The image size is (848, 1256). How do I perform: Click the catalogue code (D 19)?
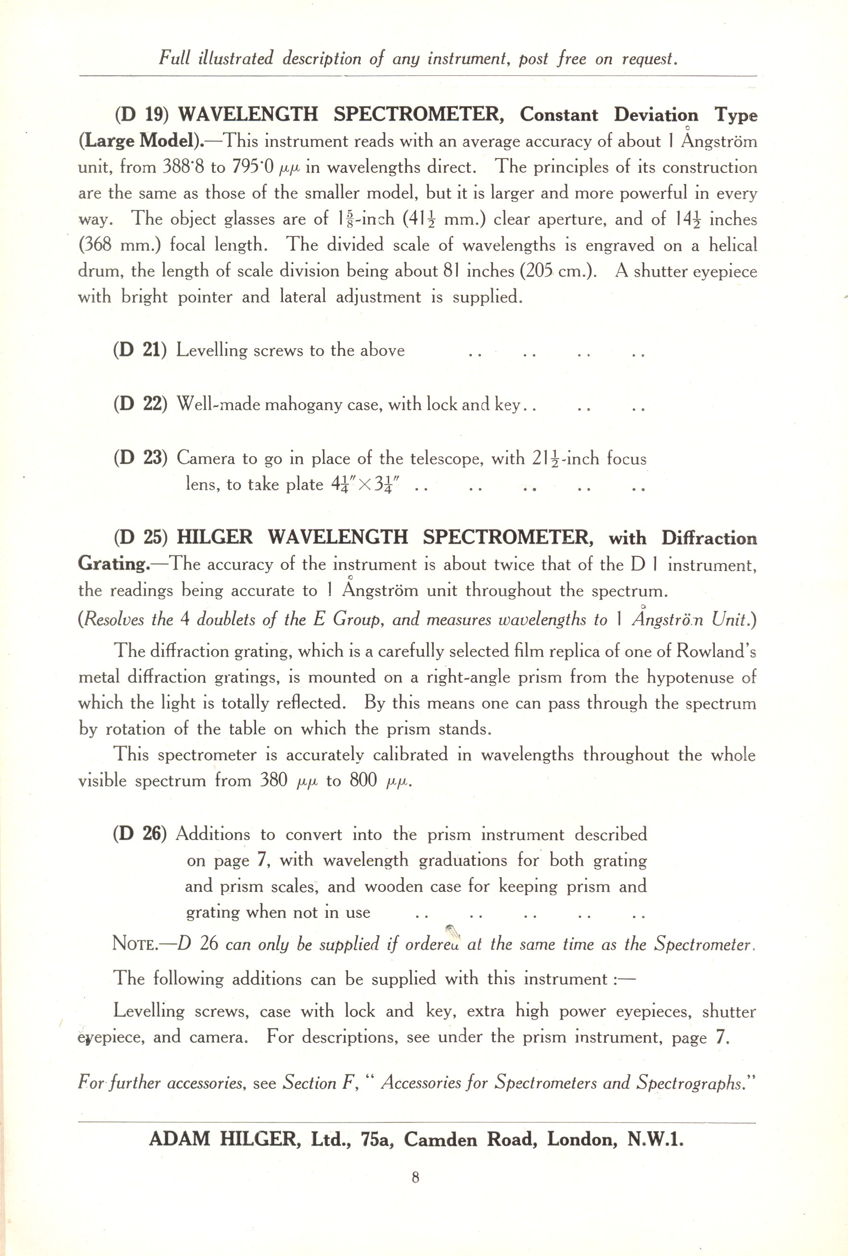point(142,115)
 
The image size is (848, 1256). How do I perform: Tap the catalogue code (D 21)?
point(140,350)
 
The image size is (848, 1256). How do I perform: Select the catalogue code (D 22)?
point(140,404)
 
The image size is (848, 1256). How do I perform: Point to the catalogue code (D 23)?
point(140,458)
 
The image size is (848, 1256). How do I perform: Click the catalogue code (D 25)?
point(141,537)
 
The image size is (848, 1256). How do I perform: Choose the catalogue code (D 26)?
point(140,834)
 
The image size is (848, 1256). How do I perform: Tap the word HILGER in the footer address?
point(258,1139)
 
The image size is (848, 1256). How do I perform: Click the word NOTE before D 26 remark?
point(134,944)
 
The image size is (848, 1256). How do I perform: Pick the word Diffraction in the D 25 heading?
point(709,538)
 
